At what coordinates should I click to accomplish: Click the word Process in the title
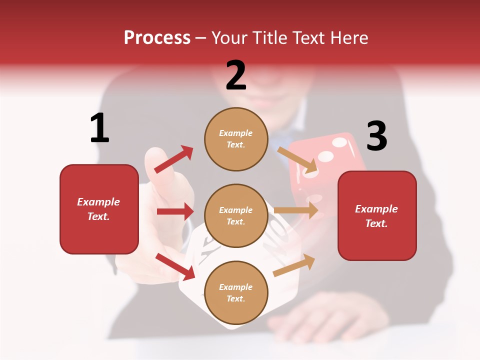pyautogui.click(x=157, y=37)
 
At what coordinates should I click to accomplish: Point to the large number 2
pyautogui.click(x=236, y=75)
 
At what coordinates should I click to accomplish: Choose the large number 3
pyautogui.click(x=376, y=136)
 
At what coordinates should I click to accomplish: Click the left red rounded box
pyautogui.click(x=99, y=209)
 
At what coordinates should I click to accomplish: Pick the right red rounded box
pyautogui.click(x=377, y=215)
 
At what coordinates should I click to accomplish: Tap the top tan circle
pyautogui.click(x=236, y=139)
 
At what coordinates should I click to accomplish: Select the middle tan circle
pyautogui.click(x=236, y=215)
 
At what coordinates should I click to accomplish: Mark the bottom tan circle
pyautogui.click(x=236, y=292)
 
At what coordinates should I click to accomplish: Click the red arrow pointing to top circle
pyautogui.click(x=173, y=159)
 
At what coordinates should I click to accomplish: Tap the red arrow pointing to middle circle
pyautogui.click(x=175, y=211)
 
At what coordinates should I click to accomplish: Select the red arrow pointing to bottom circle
pyautogui.click(x=175, y=266)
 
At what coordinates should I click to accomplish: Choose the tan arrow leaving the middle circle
pyautogui.click(x=296, y=210)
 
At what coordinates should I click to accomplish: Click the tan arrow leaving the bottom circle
pyautogui.click(x=294, y=265)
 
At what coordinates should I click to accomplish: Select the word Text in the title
pyautogui.click(x=306, y=37)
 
